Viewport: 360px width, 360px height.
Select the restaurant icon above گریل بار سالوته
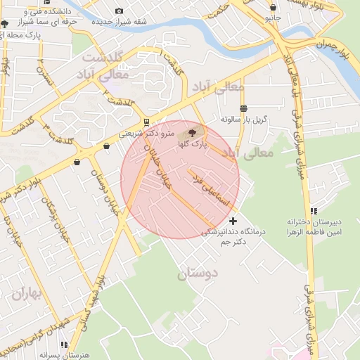(243, 108)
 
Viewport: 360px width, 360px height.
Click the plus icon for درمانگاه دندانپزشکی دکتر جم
(233, 221)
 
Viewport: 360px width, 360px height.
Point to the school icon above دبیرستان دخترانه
(314, 210)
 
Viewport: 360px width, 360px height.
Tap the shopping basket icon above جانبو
(272, 7)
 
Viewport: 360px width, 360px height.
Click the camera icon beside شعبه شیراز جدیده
(118, 11)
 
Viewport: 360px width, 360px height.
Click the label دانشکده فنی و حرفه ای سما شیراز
(44, 18)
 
